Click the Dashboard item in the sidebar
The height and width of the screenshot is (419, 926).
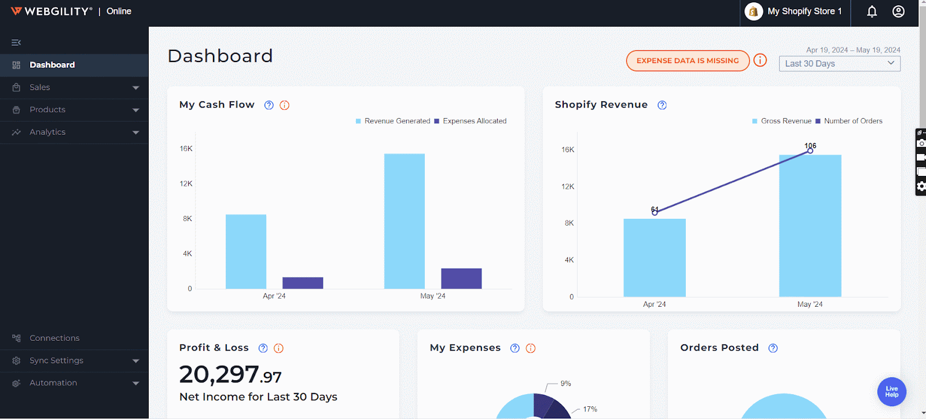52,65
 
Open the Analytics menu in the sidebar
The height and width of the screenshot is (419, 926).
47,132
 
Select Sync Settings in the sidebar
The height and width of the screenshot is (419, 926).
56,361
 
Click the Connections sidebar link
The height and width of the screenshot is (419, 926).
54,338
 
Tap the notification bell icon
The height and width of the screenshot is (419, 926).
872,12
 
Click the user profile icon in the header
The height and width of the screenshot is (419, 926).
898,12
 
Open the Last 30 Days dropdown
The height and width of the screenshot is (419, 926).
839,64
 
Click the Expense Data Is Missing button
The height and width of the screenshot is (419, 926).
688,61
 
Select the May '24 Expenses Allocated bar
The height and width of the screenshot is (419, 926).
461,278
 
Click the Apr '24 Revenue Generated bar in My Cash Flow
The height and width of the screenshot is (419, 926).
246,251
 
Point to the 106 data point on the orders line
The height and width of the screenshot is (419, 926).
810,150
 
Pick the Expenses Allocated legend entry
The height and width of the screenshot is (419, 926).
474,121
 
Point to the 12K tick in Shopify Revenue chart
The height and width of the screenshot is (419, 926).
568,186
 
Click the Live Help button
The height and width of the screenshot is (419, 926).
892,392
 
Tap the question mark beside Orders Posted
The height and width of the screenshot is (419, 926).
773,348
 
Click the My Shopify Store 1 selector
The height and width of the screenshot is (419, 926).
795,12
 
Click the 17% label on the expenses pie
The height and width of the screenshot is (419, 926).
590,409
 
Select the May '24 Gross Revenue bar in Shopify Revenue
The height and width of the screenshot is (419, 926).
810,226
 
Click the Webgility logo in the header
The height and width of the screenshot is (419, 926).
52,12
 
